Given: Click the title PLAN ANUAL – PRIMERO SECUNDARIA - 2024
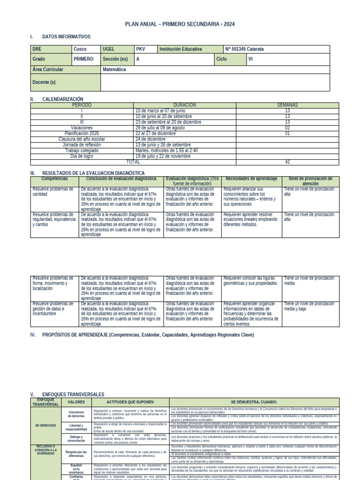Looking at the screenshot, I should [180, 24].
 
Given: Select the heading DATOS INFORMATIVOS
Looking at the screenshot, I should [66, 37].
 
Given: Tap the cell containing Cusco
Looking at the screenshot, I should [80, 49].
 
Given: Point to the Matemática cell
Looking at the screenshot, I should [114, 69].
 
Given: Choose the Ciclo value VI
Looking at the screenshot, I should [251, 59].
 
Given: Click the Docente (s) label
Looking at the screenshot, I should [44, 82].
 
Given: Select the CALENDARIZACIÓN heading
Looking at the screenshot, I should [62, 99].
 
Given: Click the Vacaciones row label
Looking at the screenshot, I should [82, 127].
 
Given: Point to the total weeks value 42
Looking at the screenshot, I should [287, 162].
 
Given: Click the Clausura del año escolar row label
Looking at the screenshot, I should [82, 139].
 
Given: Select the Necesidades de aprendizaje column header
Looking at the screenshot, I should [251, 179].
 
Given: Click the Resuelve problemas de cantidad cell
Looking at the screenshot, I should [52, 192].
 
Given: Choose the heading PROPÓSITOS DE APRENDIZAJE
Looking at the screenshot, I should [141, 335].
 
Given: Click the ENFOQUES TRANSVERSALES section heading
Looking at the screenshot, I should [73, 395].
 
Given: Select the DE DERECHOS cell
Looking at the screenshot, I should [45, 425].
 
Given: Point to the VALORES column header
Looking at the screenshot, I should [76, 402].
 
